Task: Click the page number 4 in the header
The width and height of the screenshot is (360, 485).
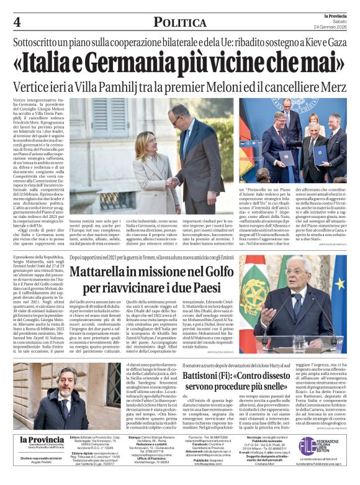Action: [17, 22]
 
